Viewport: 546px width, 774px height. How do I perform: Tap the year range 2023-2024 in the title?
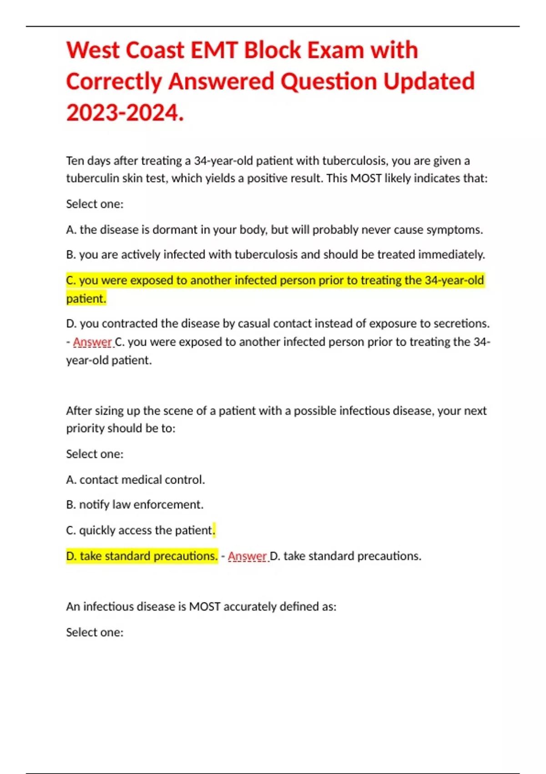125,112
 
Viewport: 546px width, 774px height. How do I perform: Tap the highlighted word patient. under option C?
86,298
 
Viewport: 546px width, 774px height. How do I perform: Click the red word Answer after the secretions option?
92,342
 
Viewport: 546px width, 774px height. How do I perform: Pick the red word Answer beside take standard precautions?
247,556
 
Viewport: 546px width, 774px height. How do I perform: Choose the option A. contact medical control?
135,479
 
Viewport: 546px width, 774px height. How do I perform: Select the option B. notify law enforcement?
135,504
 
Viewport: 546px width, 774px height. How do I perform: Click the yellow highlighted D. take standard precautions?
142,556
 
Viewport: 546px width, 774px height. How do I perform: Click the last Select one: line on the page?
95,632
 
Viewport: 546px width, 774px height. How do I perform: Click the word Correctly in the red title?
114,81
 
